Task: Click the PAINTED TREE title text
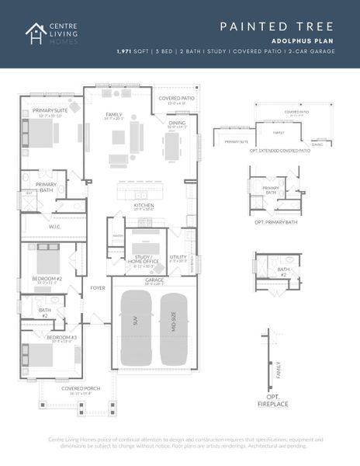coord(275,26)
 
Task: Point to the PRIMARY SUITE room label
coord(50,111)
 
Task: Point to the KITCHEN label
coord(144,205)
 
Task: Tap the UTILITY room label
coord(178,256)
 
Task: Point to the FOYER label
coord(97,287)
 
